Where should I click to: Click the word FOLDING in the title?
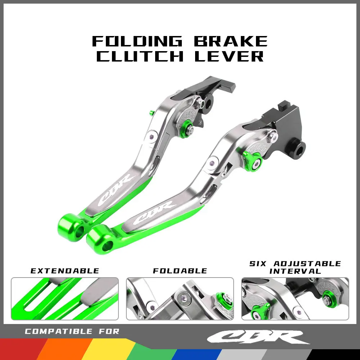138,41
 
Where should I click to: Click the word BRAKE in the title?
231,41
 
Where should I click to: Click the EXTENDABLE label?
65,271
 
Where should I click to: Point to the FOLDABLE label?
180,271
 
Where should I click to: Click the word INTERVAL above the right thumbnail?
295,271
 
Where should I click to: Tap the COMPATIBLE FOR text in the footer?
72,332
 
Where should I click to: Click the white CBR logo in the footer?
258,337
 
